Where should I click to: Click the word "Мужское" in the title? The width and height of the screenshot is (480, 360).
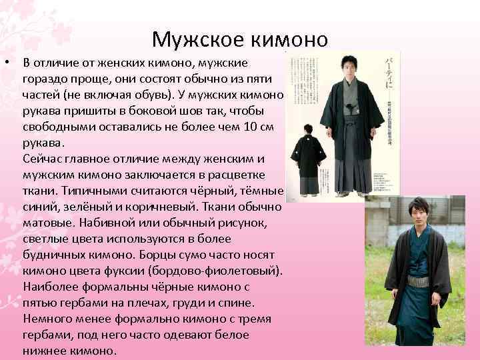(x=197, y=40)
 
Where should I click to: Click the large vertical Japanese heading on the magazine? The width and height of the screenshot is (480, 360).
(x=389, y=73)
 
